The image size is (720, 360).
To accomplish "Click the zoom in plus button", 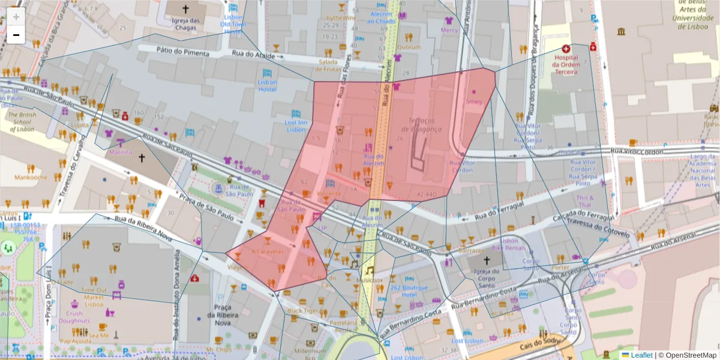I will pyautogui.click(x=16, y=16).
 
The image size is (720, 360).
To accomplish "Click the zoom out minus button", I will pyautogui.click(x=16, y=35).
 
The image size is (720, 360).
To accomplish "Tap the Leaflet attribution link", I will pyautogui.click(x=641, y=355).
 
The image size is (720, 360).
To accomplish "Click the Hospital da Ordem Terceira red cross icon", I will pyautogui.click(x=565, y=49).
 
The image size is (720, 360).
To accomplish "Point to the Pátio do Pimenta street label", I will pyautogui.click(x=183, y=53).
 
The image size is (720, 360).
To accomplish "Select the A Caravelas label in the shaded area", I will pyautogui.click(x=268, y=252).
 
